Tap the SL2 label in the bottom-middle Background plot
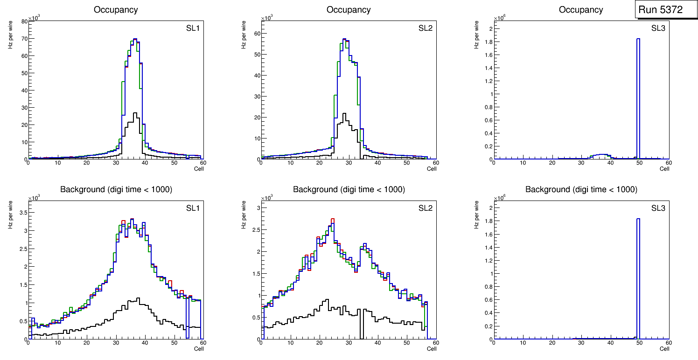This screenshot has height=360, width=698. (x=426, y=208)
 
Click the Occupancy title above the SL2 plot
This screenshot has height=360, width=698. (x=349, y=10)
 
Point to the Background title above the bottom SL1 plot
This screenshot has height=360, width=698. (x=116, y=189)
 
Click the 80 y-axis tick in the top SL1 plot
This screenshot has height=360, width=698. (x=24, y=21)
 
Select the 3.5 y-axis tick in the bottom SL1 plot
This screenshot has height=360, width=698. (x=22, y=212)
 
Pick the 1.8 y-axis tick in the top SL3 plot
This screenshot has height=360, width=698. (x=488, y=42)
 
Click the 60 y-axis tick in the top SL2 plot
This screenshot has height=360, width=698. (x=257, y=33)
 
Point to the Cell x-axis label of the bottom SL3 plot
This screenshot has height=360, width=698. (x=664, y=348)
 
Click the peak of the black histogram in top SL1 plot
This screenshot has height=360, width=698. (x=135, y=113)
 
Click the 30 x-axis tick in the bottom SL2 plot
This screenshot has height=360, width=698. (x=348, y=343)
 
